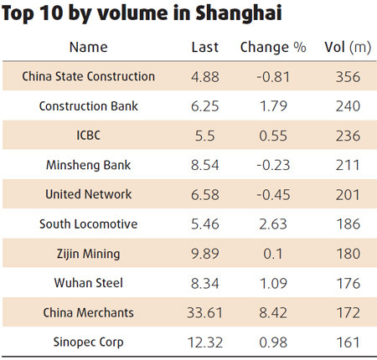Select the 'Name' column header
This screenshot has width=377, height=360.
click(x=89, y=47)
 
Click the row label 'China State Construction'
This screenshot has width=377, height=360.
click(x=89, y=77)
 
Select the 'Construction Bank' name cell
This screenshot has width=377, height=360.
click(x=89, y=106)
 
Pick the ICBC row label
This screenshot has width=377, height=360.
click(x=89, y=136)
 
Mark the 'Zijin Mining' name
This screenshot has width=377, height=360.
click(x=89, y=254)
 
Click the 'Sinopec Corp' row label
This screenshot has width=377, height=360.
click(x=89, y=342)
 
